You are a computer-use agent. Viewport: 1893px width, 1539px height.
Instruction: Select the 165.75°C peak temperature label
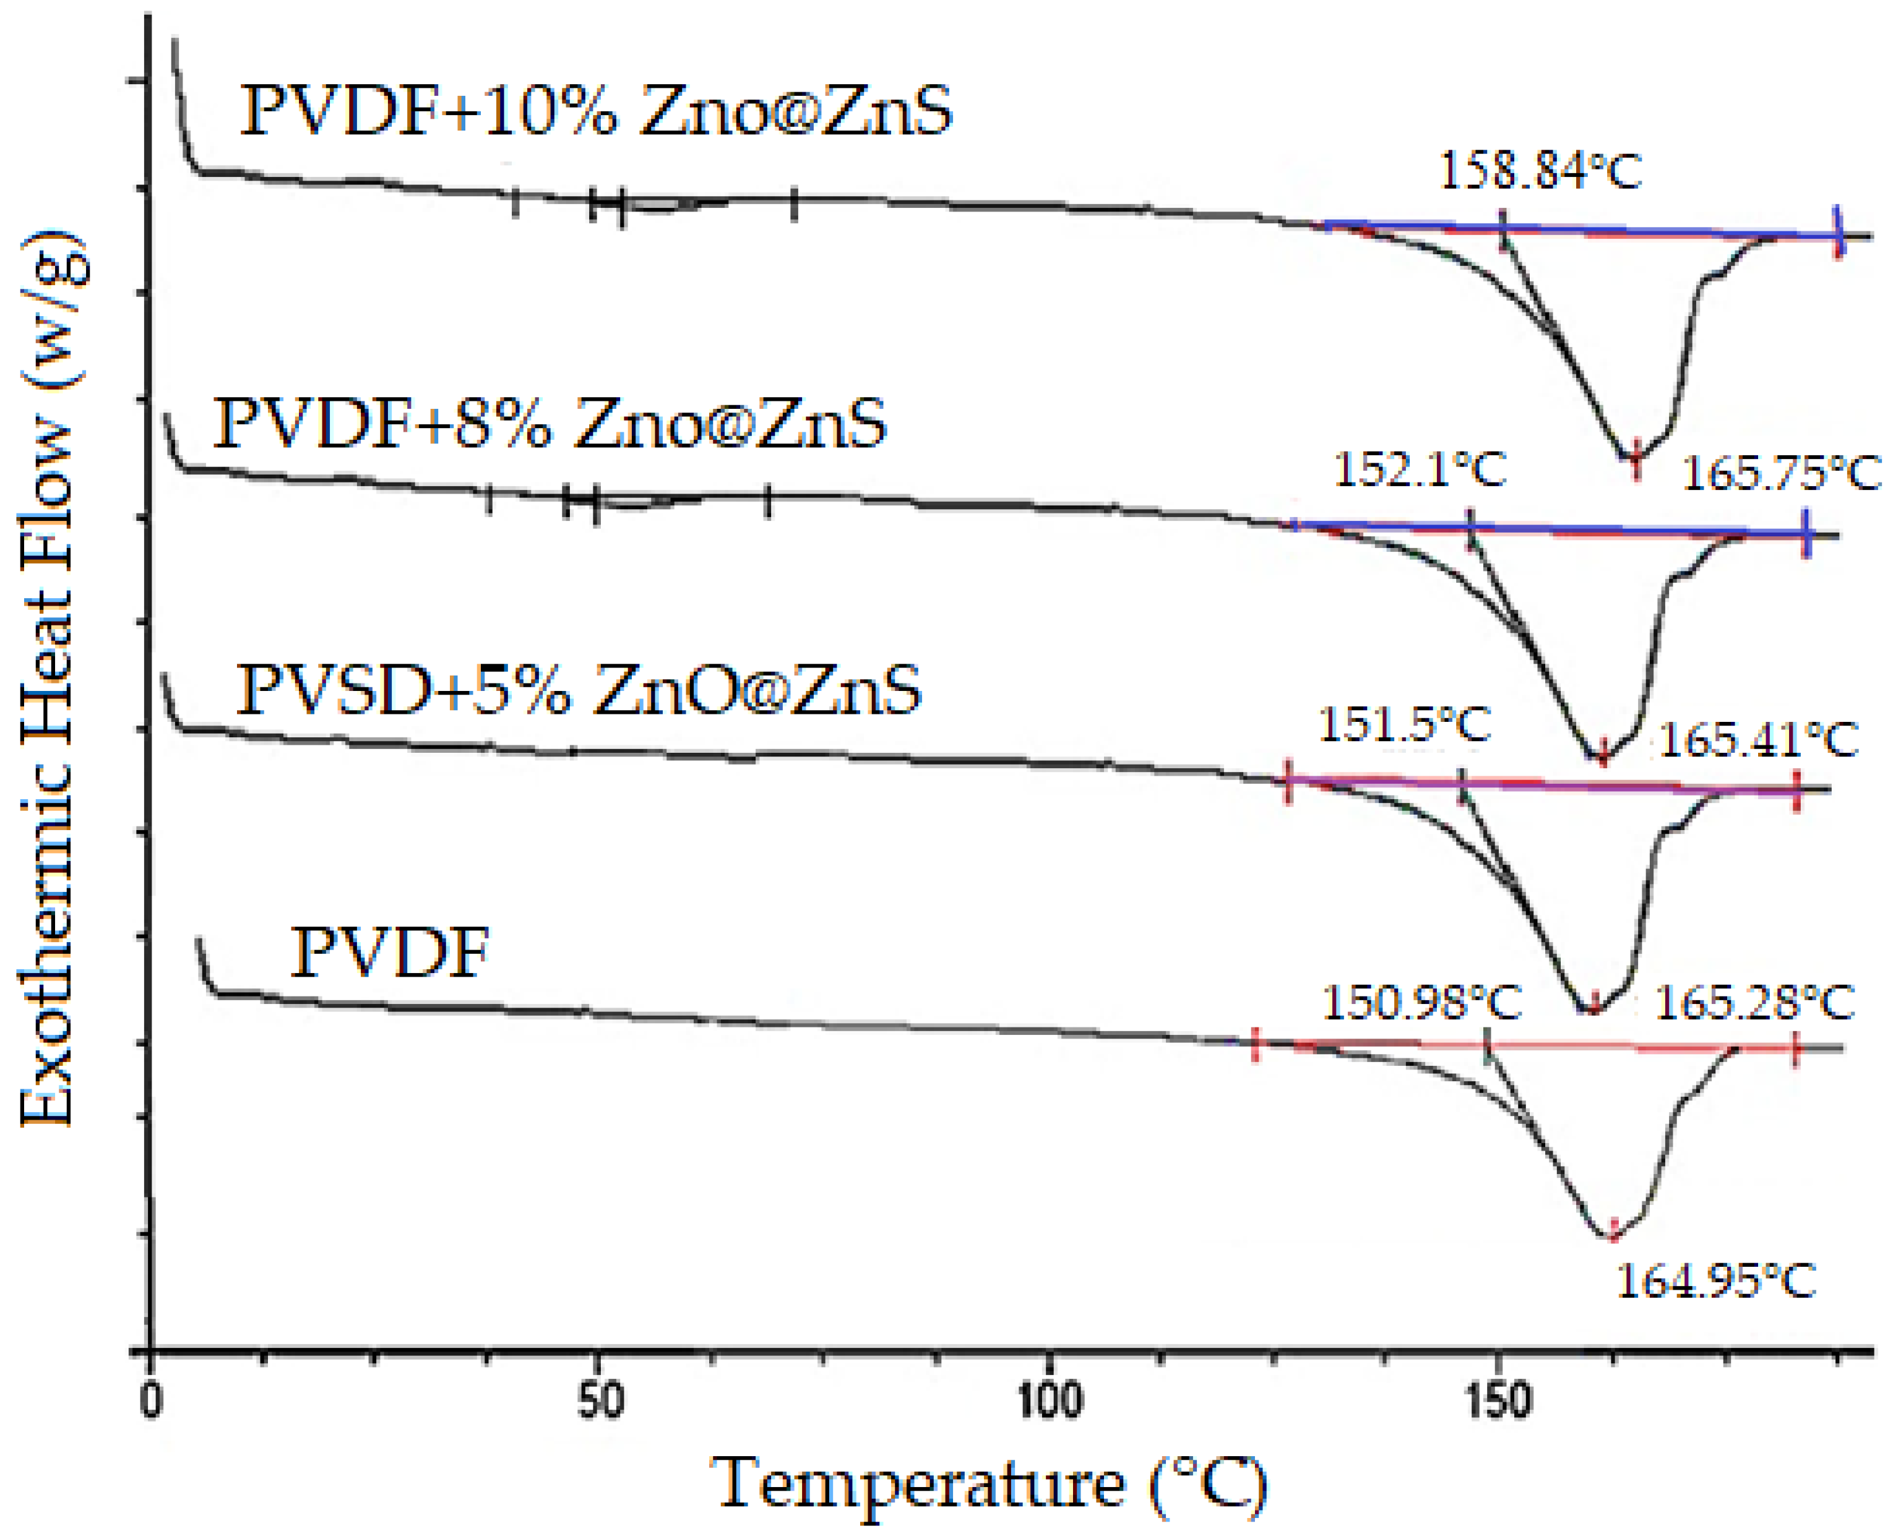(x=1781, y=473)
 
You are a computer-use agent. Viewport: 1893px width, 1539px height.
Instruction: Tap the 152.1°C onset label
(x=1420, y=470)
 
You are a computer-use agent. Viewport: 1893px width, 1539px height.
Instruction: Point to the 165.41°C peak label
(x=1758, y=739)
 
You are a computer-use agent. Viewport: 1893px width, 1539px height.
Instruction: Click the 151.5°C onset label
(x=1405, y=724)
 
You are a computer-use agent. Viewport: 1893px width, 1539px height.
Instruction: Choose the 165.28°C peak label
(x=1754, y=1003)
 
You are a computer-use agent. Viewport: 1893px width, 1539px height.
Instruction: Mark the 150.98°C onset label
(x=1422, y=1003)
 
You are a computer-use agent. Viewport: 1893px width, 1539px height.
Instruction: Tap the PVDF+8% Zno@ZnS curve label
(x=550, y=423)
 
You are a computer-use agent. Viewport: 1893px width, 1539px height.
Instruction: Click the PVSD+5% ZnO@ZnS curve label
(x=578, y=690)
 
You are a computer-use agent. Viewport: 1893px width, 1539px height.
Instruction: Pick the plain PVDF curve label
(x=390, y=953)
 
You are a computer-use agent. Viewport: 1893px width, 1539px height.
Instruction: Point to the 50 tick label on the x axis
(x=600, y=1402)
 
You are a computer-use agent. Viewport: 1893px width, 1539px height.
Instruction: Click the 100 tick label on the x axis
(x=1049, y=1402)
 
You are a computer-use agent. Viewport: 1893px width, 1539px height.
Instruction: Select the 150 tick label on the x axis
(x=1498, y=1402)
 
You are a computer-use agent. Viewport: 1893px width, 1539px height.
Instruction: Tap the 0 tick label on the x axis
(x=152, y=1402)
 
